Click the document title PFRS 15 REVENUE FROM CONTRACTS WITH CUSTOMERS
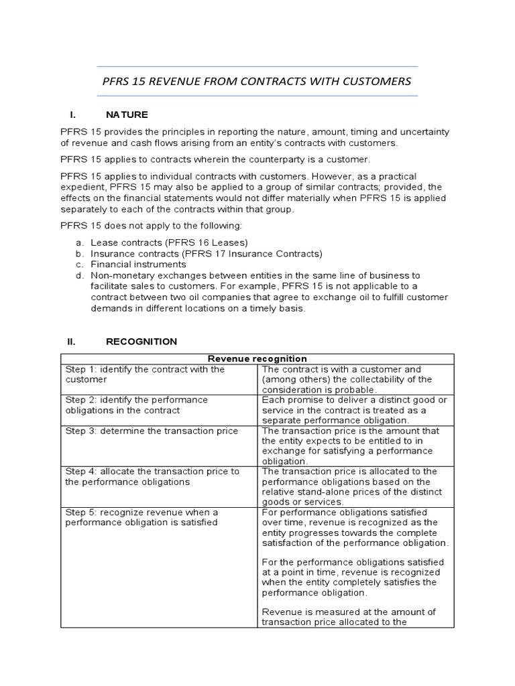[257, 81]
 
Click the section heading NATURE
[127, 115]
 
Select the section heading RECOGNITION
[141, 341]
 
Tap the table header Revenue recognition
[257, 358]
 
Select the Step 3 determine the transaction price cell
[152, 431]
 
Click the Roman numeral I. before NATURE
[73, 115]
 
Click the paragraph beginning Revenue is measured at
[349, 617]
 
